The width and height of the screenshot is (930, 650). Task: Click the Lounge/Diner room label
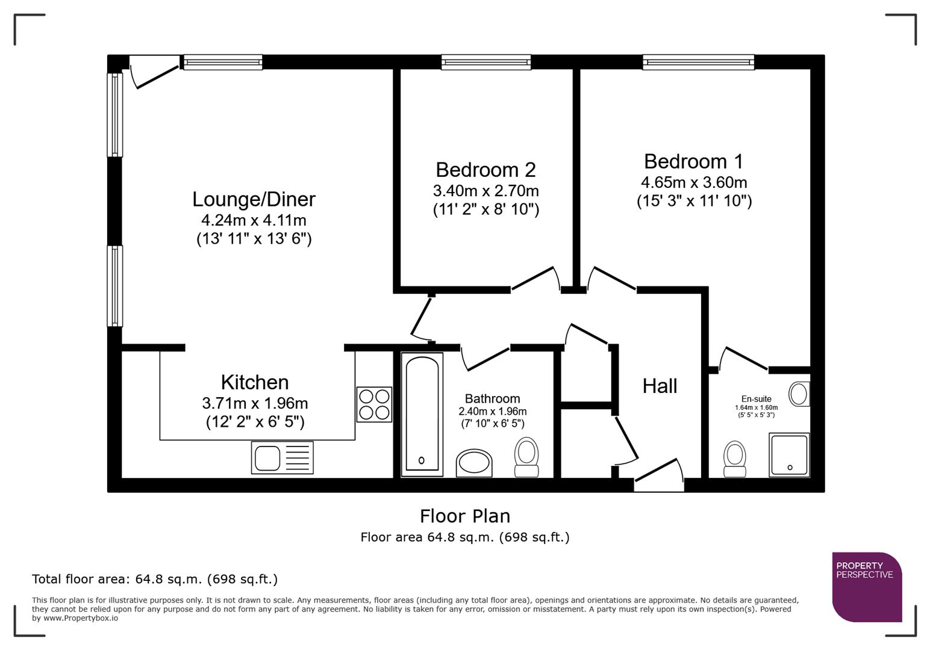[254, 199]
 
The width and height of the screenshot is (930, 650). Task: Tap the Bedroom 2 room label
[485, 170]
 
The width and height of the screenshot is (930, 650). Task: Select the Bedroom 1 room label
[693, 161]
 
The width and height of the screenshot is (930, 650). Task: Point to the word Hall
[660, 386]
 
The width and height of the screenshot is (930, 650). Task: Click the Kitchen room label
[254, 382]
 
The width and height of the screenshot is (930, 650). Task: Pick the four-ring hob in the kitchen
[374, 404]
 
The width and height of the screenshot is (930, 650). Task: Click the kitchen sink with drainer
[282, 457]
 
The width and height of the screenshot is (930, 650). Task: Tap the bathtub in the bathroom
[422, 414]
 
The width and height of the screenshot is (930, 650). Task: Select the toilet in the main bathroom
[526, 457]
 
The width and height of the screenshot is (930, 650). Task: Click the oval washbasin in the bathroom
[474, 463]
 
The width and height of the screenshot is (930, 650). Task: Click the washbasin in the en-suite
[799, 394]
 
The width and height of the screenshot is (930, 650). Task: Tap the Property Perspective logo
[867, 586]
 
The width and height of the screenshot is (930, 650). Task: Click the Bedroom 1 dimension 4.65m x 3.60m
[694, 182]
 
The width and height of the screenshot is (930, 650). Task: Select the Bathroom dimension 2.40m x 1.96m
[492, 412]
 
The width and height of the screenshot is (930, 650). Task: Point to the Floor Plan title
[464, 516]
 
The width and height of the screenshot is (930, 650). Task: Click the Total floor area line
[155, 579]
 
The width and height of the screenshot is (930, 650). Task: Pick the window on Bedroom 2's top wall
[485, 62]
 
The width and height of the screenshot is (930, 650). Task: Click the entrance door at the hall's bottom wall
[658, 477]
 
